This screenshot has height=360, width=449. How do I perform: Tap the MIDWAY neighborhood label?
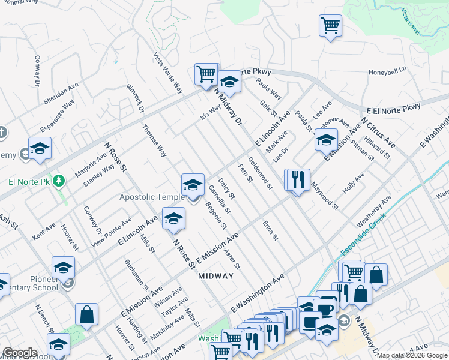[x=215, y=276]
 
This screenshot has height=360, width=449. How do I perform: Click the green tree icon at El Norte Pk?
[x=59, y=179]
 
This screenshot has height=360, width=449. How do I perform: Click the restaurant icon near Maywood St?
[x=297, y=179]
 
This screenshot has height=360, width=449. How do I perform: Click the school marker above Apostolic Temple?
[x=193, y=184]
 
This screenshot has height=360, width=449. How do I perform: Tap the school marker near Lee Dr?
[x=326, y=140]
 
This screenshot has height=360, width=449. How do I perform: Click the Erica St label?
[x=271, y=230]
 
